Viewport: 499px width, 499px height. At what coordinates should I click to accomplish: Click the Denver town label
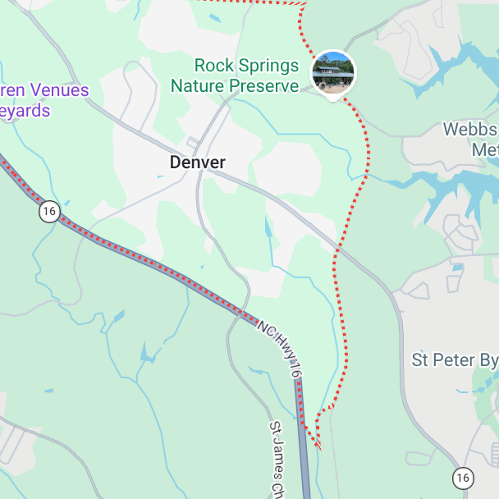197,163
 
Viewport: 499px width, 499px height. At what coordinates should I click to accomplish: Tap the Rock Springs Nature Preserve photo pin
333,72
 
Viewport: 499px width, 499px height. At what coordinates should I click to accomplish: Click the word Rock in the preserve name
211,66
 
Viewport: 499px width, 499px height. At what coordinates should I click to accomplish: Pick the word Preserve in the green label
264,85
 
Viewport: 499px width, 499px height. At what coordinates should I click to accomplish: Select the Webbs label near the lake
470,130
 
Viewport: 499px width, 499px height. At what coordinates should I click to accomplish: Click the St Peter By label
455,360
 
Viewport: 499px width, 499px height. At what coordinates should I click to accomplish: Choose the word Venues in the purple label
60,90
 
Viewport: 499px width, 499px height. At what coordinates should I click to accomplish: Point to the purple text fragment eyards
25,111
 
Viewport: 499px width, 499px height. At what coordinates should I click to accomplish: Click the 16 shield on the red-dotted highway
49,212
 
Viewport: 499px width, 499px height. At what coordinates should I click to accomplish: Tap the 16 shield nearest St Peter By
463,477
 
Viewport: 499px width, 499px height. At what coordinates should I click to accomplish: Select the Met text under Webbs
485,150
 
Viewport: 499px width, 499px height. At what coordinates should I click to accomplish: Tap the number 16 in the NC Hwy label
295,371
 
